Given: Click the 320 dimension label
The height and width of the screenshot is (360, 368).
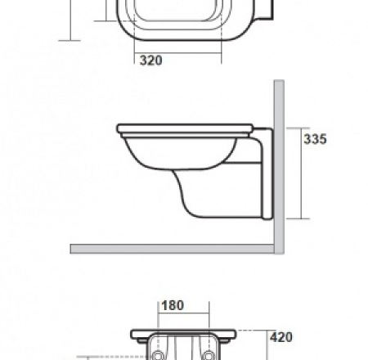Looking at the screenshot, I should [x=150, y=61].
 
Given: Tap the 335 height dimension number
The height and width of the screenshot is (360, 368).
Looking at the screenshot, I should [x=315, y=139].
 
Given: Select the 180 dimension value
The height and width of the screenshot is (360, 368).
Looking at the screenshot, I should [x=173, y=306].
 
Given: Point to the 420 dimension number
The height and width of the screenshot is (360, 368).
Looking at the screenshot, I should [x=280, y=336].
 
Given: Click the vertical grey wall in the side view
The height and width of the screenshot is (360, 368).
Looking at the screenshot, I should [x=278, y=164].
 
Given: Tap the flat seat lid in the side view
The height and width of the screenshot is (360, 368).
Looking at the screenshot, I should [x=184, y=128].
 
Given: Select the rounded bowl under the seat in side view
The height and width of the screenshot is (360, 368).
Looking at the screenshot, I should [x=172, y=155].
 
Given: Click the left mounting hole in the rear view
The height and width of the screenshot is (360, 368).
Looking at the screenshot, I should [x=155, y=354].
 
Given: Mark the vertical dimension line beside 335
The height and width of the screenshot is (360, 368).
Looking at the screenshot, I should [x=303, y=172].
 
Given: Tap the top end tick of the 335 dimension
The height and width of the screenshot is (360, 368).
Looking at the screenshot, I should [x=303, y=126].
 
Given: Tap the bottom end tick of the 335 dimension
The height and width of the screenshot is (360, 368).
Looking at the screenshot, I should [x=303, y=218].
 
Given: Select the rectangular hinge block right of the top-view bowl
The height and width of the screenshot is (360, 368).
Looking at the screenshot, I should [x=263, y=10].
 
